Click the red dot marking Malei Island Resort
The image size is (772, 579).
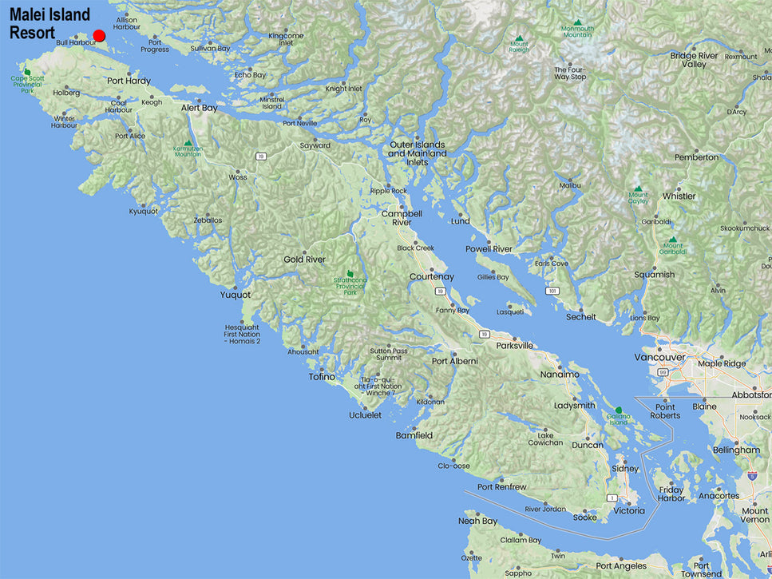tap(99, 35)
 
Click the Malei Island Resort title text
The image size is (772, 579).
tap(49, 24)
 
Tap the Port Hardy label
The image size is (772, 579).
tap(129, 81)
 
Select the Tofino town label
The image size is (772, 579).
tap(322, 377)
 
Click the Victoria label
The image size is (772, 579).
tap(628, 510)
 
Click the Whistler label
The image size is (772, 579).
tap(679, 196)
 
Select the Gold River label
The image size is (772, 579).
tap(304, 260)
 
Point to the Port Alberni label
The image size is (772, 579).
tap(454, 361)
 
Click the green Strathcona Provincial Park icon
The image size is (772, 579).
tap(350, 274)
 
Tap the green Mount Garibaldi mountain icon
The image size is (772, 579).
tap(672, 240)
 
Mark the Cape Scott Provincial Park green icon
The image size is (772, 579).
tap(28, 72)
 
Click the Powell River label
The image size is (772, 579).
tap(489, 249)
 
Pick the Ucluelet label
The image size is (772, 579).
tap(365, 415)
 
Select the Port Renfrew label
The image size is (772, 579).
tap(501, 487)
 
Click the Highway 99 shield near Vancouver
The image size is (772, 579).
tap(662, 371)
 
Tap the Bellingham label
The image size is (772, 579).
tap(736, 450)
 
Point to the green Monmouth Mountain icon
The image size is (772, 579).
tap(577, 23)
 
